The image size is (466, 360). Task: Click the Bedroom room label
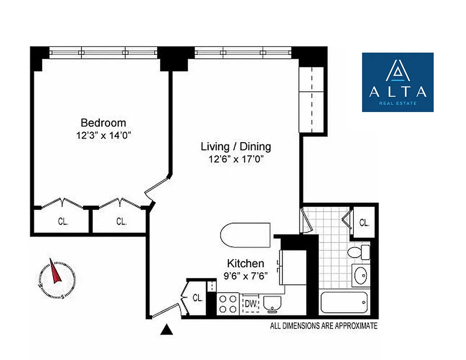pyautogui.click(x=103, y=123)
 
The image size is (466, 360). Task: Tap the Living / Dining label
pyautogui.click(x=235, y=147)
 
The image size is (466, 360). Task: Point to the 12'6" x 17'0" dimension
pyautogui.click(x=235, y=159)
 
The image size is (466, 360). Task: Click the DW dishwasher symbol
pyautogui.click(x=251, y=305)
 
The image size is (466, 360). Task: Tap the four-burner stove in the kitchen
pyautogui.click(x=228, y=304)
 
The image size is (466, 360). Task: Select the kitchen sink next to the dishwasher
pyautogui.click(x=271, y=305)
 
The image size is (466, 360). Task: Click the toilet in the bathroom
pyautogui.click(x=359, y=252)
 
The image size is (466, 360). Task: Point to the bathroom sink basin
pyautogui.click(x=361, y=275)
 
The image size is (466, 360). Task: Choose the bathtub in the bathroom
pyautogui.click(x=344, y=304)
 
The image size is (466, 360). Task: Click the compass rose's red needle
pyautogui.click(x=56, y=273)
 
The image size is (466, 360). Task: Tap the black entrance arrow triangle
pyautogui.click(x=167, y=331)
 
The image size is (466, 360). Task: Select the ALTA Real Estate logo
pyautogui.click(x=398, y=82)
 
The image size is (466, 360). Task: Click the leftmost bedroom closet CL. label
pyautogui.click(x=63, y=221)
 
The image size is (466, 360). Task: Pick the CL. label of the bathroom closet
pyautogui.click(x=364, y=222)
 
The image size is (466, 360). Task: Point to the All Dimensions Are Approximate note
pyautogui.click(x=323, y=326)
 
